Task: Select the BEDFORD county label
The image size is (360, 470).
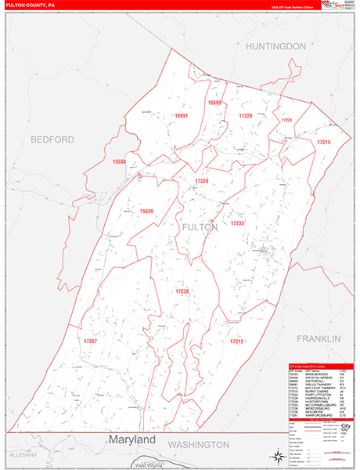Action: [x=52, y=139]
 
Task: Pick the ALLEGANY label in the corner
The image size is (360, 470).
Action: [x=18, y=454]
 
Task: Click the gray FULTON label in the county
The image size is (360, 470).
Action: [x=199, y=226]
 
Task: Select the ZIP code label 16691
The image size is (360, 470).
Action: [x=182, y=116]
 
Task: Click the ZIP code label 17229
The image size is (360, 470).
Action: [x=245, y=116]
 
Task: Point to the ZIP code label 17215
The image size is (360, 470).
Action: [x=323, y=142]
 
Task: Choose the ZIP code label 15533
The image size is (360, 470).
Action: [x=119, y=161]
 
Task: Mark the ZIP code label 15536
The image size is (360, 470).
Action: [x=146, y=211]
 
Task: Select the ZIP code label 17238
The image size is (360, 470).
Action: [x=182, y=291]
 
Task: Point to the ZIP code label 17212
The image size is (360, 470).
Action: [x=237, y=342]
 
